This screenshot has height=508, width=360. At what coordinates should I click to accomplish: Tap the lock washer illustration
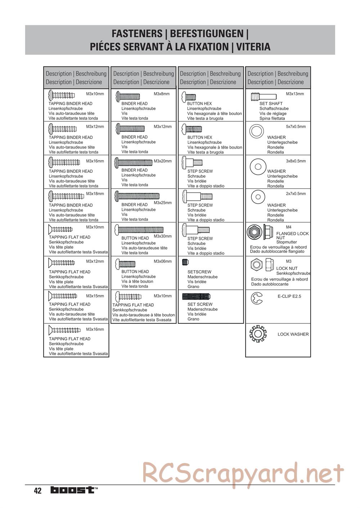(x=258, y=334)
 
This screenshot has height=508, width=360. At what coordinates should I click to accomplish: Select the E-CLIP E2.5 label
(x=289, y=296)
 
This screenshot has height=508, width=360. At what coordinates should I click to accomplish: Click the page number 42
(x=38, y=491)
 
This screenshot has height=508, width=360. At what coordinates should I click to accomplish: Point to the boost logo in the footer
(x=73, y=490)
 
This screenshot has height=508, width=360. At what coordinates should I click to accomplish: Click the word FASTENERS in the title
(x=137, y=34)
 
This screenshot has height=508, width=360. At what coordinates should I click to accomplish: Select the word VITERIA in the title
(x=254, y=47)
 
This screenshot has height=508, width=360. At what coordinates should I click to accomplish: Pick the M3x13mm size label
(x=295, y=94)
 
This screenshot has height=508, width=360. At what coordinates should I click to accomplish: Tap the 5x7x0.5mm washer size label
(x=296, y=127)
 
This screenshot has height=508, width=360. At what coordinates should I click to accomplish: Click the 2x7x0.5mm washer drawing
(x=257, y=196)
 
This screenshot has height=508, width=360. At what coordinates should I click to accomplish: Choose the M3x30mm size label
(x=163, y=236)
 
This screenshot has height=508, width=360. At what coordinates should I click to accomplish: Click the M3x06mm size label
(x=163, y=262)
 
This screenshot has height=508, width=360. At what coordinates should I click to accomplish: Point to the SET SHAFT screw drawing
(x=264, y=96)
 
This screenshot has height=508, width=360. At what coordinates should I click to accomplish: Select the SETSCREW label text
(x=199, y=272)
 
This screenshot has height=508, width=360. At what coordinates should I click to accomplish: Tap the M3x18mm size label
(x=95, y=194)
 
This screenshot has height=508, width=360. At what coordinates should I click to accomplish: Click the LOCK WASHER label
(x=293, y=334)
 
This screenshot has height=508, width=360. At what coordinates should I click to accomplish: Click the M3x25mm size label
(x=163, y=203)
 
